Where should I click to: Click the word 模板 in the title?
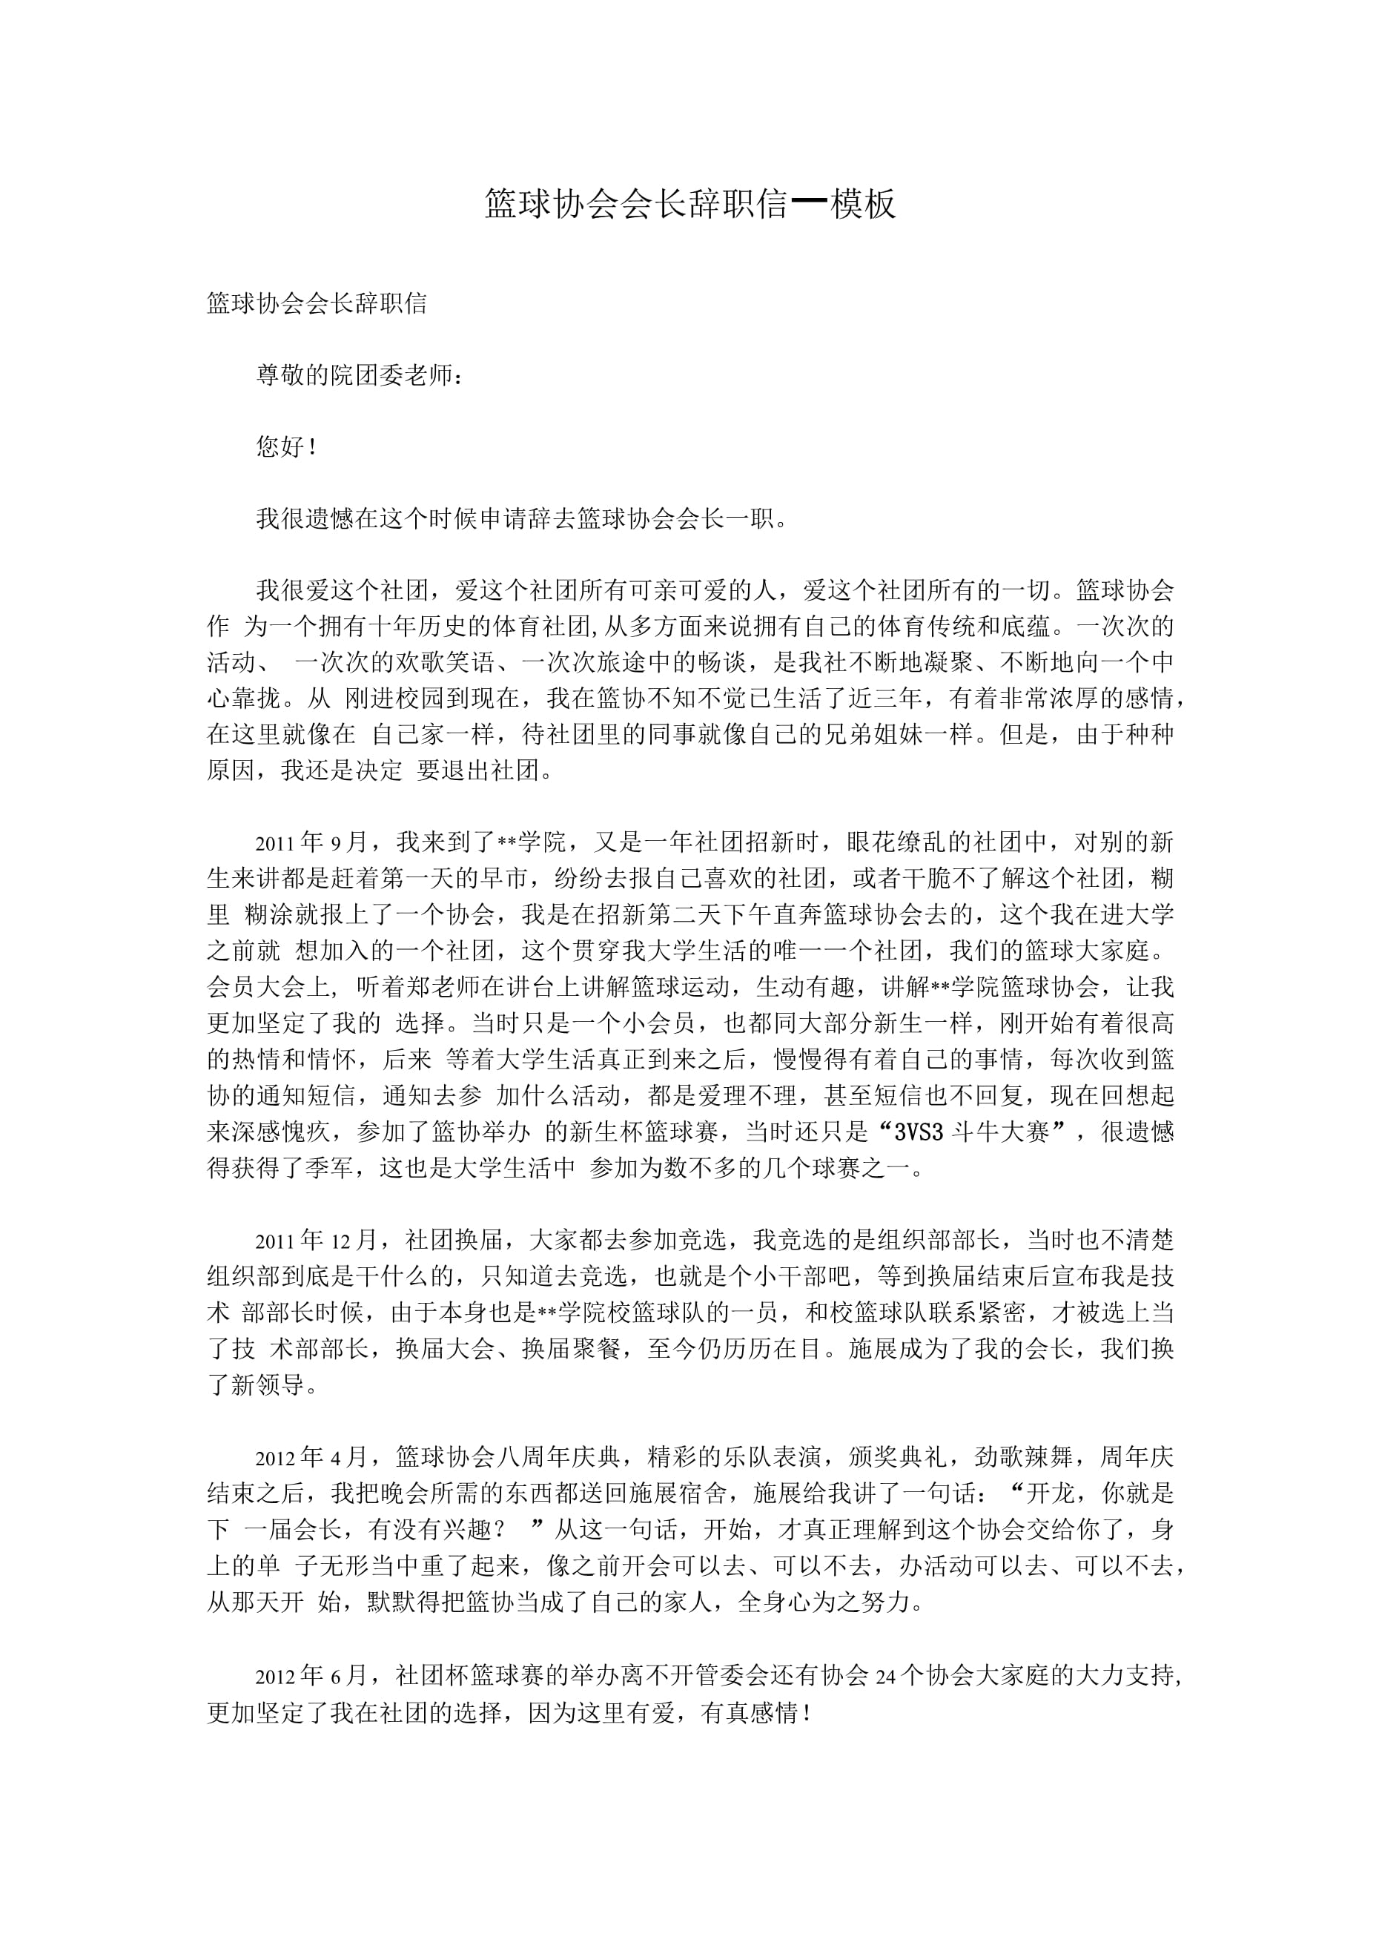(x=862, y=205)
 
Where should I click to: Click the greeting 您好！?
(x=287, y=447)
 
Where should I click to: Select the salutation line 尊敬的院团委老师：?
(x=361, y=374)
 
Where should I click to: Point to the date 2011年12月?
(x=316, y=1240)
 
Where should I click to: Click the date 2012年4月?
(x=311, y=1457)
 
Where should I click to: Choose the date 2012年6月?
(x=311, y=1675)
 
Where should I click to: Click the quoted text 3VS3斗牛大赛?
(x=974, y=1132)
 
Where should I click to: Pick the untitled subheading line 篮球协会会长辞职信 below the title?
(x=317, y=303)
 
